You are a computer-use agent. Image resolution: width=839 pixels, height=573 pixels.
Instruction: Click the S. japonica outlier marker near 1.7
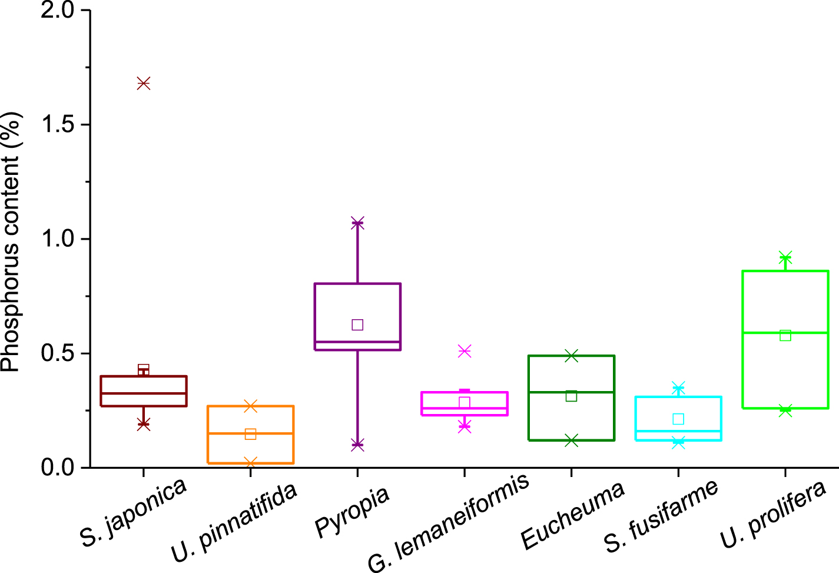tap(143, 83)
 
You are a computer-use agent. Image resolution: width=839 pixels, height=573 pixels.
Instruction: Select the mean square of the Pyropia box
tap(357, 324)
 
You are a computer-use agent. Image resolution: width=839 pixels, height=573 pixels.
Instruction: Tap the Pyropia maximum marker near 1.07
tap(357, 223)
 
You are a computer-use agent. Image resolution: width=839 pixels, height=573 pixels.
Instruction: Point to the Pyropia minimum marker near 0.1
tap(357, 445)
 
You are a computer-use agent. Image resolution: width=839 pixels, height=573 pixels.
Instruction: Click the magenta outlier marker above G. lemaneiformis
tap(465, 351)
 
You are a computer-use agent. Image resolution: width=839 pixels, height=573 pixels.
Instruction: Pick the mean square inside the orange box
tap(250, 434)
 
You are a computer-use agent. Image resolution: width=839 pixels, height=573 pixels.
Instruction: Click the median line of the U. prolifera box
tap(785, 333)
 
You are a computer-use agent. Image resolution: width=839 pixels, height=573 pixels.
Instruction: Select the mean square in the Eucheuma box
tap(571, 396)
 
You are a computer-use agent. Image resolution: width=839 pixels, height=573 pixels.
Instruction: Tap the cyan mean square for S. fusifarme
tap(678, 419)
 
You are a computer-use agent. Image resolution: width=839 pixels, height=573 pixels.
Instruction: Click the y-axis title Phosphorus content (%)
tap(11, 241)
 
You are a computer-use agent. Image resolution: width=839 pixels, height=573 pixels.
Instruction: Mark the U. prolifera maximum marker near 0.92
tap(785, 257)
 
